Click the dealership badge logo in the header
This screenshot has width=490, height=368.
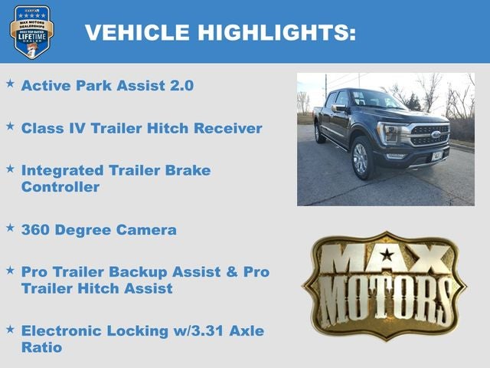[31, 31]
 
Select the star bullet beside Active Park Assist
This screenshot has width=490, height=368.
[10, 82]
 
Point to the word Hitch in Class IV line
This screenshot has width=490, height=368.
[171, 128]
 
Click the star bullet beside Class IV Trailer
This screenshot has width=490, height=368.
[10, 125]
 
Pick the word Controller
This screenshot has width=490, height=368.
[60, 187]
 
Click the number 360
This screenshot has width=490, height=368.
[37, 229]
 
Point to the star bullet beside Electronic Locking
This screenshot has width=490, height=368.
[10, 328]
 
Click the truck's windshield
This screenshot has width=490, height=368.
[377, 99]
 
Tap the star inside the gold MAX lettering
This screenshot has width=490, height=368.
[387, 255]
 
